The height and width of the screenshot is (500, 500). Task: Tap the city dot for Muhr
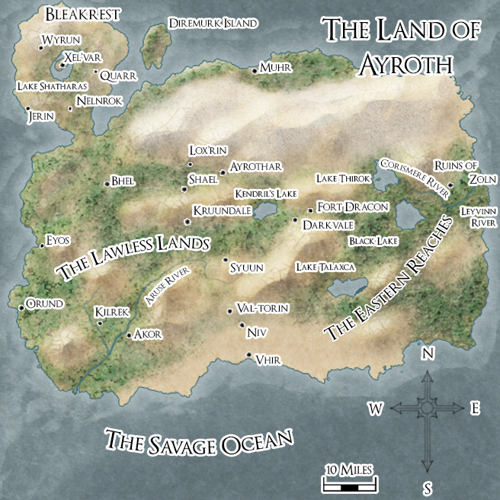(x=255, y=71)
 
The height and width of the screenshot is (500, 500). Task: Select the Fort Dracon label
(x=353, y=207)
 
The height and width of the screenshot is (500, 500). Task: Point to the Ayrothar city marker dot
(x=223, y=173)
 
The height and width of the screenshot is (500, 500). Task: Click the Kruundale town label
(x=223, y=210)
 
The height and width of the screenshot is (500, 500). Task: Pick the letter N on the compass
(x=428, y=354)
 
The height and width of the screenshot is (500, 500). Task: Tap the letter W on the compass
(x=375, y=409)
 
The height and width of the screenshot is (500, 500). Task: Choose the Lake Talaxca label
(x=325, y=268)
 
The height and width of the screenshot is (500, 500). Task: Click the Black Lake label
(x=373, y=241)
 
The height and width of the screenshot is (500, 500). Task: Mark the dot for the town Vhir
(x=249, y=355)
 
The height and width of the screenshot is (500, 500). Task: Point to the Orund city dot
(x=21, y=308)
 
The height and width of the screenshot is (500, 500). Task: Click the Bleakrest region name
(x=73, y=14)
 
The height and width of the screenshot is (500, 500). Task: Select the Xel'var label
(x=83, y=56)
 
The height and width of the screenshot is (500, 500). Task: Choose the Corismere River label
(x=413, y=178)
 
